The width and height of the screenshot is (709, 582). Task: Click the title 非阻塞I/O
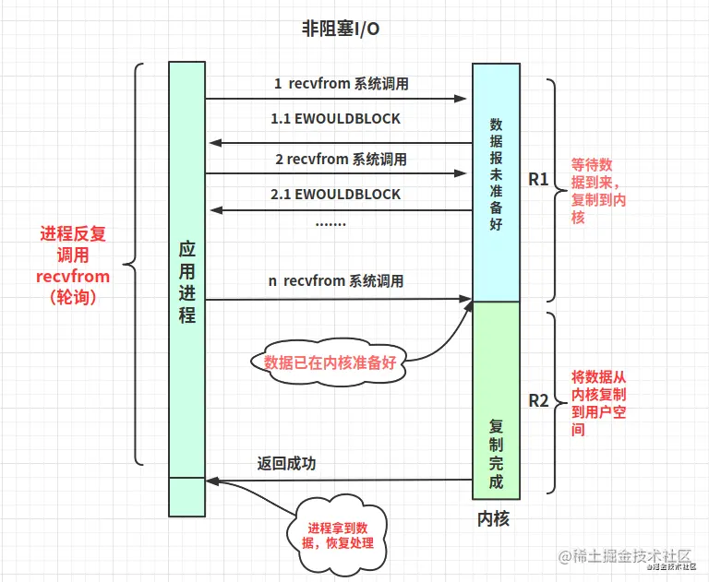341,29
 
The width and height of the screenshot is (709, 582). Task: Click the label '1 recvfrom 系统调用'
341,84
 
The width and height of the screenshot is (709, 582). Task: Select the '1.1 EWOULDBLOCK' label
335,119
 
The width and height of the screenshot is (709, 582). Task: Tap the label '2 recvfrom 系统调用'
341,159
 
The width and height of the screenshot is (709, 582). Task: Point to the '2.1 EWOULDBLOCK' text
335,195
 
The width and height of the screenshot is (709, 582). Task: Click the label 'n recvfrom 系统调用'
336,281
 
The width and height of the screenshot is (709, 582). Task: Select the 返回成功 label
286,464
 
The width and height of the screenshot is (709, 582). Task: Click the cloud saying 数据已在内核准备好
330,362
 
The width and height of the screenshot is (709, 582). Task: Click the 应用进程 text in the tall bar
186,281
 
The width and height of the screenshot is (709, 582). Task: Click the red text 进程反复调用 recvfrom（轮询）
73,267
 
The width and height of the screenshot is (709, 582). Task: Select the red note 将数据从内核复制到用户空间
597,402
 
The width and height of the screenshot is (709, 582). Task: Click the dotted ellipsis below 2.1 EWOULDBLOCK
330,222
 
